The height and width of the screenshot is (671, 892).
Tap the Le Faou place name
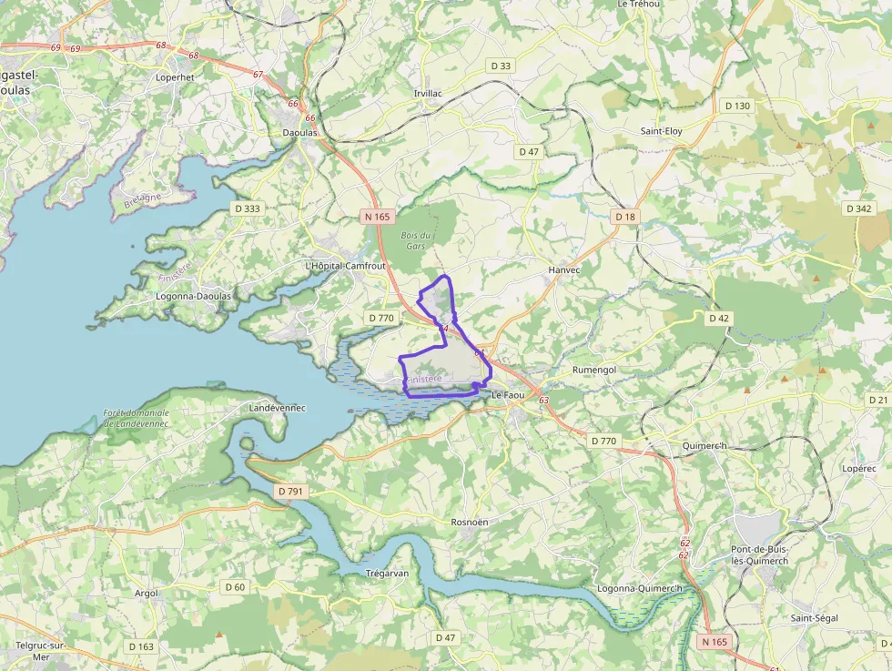[x=508, y=395]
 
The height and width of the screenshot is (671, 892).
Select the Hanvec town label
[x=564, y=270]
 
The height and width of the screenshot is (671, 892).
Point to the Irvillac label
[x=428, y=94]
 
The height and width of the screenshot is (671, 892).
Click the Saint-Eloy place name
[x=661, y=131]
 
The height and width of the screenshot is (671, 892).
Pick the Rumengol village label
[x=594, y=370]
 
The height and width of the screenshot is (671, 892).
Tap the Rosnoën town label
[x=470, y=522]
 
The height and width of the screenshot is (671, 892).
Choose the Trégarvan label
[x=386, y=574]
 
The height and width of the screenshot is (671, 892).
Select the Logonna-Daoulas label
[x=193, y=296]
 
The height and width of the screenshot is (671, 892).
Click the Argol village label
[x=146, y=593]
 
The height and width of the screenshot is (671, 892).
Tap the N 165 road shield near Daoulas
[x=377, y=217]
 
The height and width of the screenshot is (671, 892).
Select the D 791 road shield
[x=290, y=492]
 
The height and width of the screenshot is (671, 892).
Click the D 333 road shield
[x=247, y=208]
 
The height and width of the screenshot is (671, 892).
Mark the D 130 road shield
[x=737, y=106]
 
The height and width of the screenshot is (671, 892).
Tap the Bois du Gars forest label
[x=414, y=240]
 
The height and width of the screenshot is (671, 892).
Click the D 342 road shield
[x=858, y=208]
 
